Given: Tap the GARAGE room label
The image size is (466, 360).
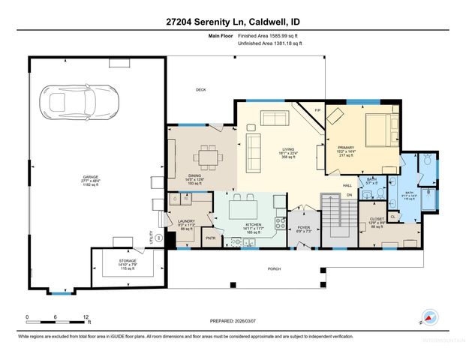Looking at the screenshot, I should tap(91, 179).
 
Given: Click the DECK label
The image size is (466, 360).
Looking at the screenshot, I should tap(200, 90).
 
